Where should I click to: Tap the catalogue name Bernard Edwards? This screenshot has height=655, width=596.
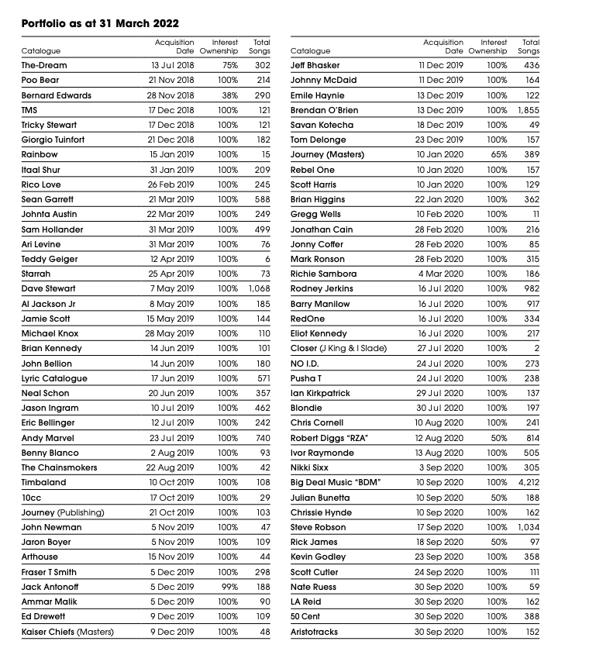[57, 95]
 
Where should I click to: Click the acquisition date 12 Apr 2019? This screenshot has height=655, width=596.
[173, 259]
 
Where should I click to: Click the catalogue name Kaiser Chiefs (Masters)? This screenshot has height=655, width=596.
[67, 632]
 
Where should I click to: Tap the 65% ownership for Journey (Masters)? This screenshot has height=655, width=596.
[498, 155]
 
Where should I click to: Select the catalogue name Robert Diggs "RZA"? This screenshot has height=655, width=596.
[329, 438]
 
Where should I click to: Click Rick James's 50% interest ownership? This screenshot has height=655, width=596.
[498, 542]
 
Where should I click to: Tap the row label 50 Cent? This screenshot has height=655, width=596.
[306, 617]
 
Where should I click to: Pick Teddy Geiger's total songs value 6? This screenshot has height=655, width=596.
[267, 259]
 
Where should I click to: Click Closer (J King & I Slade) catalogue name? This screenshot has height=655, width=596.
[339, 349]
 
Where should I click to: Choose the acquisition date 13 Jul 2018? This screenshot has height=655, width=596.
[173, 66]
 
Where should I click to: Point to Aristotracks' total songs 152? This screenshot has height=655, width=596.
[530, 632]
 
